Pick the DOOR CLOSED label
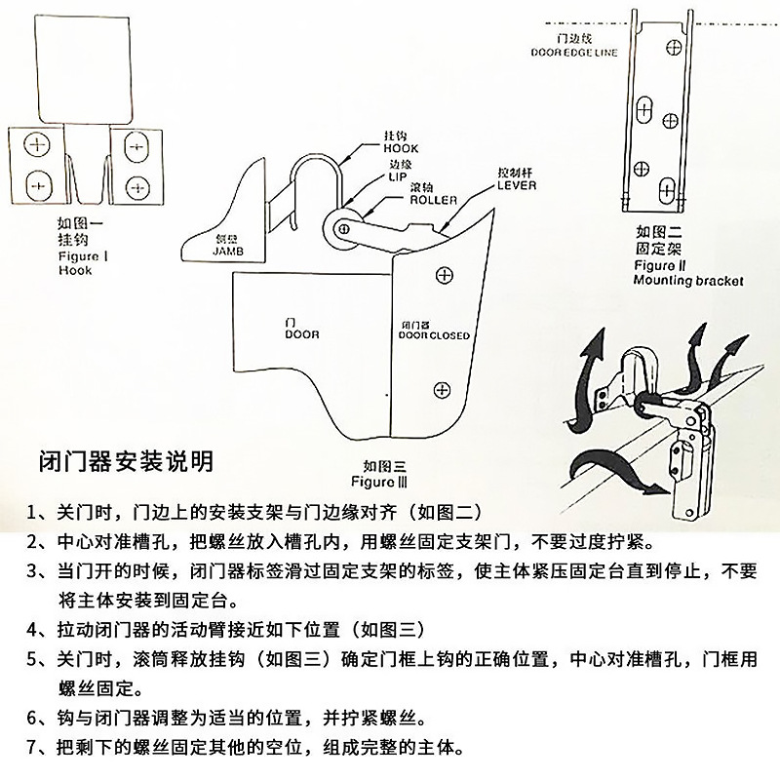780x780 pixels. point(434,334)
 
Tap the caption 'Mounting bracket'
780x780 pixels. point(687,280)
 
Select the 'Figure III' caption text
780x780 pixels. point(373,481)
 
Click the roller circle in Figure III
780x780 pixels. point(344,226)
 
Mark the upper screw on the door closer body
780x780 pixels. point(444,277)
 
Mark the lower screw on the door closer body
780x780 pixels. point(442,390)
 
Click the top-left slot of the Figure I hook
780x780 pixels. point(39,145)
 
